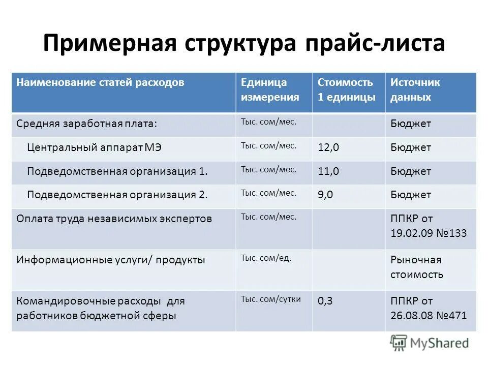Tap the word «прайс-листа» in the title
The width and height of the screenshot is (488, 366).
375,43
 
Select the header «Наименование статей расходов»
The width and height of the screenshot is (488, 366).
100,82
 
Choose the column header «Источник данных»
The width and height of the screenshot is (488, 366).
415,89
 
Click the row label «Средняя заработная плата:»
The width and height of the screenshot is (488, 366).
87,124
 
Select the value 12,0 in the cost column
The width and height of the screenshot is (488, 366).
328,148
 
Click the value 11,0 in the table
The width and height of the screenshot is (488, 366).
328,172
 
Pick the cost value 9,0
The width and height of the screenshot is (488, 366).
325,195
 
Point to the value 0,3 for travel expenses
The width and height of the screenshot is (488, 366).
325,301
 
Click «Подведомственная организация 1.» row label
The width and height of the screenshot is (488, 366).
117,172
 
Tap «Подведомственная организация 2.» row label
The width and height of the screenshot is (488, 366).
117,195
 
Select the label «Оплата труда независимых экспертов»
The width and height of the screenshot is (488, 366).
114,219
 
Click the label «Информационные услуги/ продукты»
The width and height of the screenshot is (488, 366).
111,260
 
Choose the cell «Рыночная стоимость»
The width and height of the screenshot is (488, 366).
416,267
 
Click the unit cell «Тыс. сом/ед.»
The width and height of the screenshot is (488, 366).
266,258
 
